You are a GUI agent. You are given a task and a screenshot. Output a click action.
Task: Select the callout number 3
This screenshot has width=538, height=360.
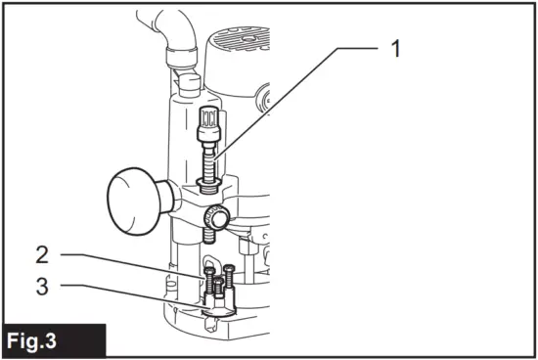click(x=40, y=288)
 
